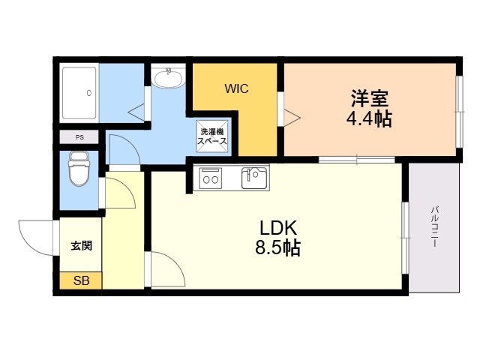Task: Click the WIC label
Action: [x=236, y=88]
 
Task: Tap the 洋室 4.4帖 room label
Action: [x=370, y=108]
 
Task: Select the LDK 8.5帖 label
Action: [x=278, y=238]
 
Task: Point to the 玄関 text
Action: [x=82, y=245]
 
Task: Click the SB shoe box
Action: [x=81, y=280]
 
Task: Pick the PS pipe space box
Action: [x=79, y=137]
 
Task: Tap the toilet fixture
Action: [x=79, y=168]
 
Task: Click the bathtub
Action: [x=79, y=93]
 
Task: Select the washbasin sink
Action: [x=169, y=78]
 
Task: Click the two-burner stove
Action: [x=211, y=178]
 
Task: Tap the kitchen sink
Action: [x=253, y=178]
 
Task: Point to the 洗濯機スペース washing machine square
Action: [x=212, y=136]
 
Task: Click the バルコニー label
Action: [x=435, y=226]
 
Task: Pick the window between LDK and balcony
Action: [x=406, y=238]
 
